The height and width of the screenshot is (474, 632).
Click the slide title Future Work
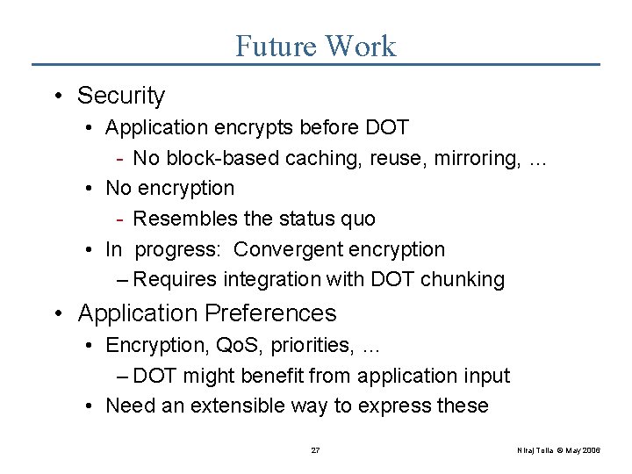tap(315, 46)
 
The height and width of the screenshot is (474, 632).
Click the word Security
tap(120, 96)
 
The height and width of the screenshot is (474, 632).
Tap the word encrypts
tap(252, 127)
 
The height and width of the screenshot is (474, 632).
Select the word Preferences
tap(269, 313)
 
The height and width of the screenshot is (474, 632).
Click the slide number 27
tap(316, 450)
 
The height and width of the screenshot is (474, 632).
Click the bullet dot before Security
tap(65, 96)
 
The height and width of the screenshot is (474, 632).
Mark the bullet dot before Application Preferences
tap(65, 313)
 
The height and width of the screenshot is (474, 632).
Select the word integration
tap(264, 280)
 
